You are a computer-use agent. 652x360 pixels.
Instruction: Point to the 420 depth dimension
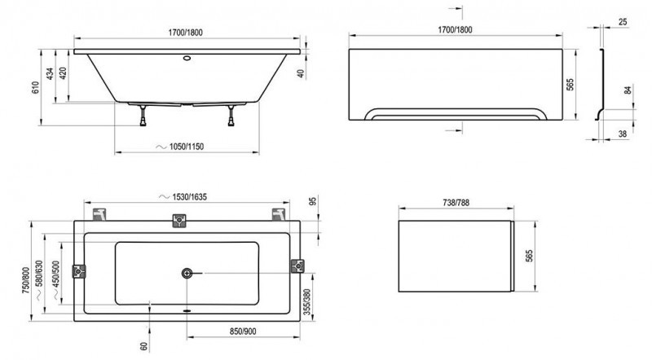[62, 76]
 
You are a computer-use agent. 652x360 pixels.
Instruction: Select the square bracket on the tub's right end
[296, 267]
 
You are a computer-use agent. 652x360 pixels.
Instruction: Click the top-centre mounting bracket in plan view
[179, 221]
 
